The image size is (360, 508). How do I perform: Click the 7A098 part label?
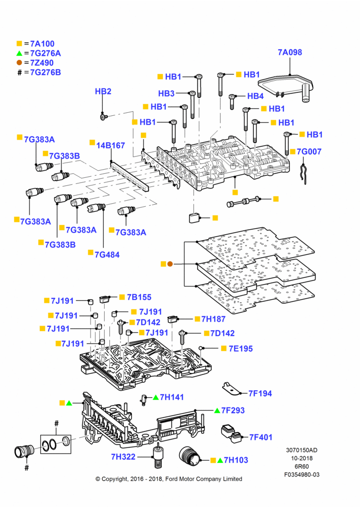[290, 52]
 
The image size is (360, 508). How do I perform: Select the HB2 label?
[103, 91]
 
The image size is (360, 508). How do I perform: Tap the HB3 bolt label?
[166, 93]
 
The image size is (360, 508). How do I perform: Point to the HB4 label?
[255, 96]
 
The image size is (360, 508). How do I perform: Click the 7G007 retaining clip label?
[309, 151]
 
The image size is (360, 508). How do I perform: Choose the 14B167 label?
[111, 145]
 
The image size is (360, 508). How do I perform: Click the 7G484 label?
[107, 255]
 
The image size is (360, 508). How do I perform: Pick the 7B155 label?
[139, 297]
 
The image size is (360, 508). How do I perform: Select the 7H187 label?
[214, 319]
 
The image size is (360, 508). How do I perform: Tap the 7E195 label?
[241, 348]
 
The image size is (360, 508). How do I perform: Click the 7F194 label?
[260, 393]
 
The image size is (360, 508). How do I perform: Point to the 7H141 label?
[172, 397]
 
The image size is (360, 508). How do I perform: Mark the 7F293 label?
[233, 410]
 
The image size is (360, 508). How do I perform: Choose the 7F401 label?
[261, 437]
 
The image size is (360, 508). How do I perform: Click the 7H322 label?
[123, 457]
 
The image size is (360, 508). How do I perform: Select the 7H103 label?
[236, 460]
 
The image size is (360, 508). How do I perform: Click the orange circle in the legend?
[19, 62]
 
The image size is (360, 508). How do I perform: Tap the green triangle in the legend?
[19, 53]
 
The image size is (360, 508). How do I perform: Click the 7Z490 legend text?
[42, 63]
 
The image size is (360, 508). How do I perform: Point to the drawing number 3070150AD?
[302, 450]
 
